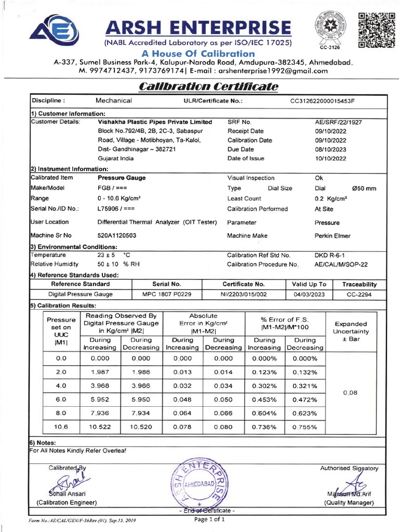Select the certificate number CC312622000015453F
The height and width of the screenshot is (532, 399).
[326, 100]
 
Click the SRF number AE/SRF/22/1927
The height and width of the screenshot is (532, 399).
[338, 122]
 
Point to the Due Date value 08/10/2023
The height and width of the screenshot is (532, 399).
[330, 149]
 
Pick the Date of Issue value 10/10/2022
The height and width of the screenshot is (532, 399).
[330, 158]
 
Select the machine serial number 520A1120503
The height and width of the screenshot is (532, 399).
[117, 235]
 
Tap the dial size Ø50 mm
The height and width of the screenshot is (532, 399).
[364, 189]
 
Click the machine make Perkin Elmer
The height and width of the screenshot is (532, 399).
[332, 235]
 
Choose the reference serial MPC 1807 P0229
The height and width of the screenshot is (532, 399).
[167, 294]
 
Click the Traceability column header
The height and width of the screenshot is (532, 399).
[360, 284]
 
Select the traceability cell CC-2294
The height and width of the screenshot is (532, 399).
[360, 294]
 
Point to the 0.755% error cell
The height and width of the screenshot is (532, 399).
[304, 427]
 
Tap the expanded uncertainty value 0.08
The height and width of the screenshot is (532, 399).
[351, 393]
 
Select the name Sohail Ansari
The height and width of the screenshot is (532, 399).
[67, 493]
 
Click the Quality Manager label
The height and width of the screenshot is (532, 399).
[349, 502]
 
